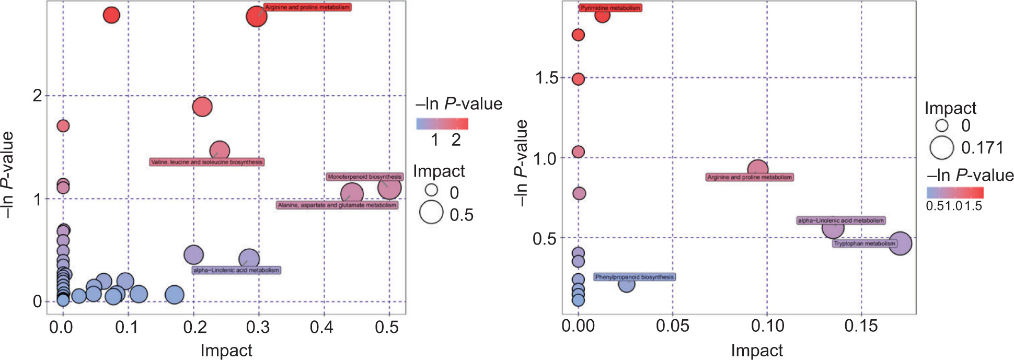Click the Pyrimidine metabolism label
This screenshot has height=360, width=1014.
610,8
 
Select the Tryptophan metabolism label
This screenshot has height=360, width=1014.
865,243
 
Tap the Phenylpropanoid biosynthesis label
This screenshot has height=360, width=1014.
635,277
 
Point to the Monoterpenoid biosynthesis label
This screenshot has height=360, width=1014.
365,177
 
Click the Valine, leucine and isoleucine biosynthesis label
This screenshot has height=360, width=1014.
206,162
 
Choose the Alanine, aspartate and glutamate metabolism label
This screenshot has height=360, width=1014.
337,205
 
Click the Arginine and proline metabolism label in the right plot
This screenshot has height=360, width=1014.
750,177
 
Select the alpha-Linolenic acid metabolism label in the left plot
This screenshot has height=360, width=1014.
236,270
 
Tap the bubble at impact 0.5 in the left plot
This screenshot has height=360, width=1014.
389,188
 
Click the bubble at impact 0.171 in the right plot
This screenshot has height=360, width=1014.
900,243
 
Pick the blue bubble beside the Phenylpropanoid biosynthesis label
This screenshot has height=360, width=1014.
626,285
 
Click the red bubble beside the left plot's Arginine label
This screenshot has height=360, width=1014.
256,16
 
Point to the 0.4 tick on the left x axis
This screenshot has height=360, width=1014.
321,327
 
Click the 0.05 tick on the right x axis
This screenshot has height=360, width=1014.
673,326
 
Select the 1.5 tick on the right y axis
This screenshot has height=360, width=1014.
546,78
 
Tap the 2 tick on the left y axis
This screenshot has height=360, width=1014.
37,96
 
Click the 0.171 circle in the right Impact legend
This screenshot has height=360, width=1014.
941,147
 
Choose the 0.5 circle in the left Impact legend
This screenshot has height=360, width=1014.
431,213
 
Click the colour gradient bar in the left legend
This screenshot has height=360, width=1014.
442,124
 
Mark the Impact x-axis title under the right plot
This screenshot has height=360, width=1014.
757,350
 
